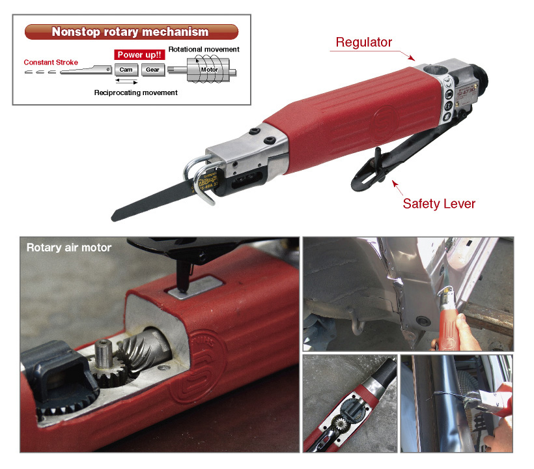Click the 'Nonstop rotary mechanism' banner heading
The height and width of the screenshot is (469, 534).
tap(130, 32)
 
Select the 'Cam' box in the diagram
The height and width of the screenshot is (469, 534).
tap(126, 70)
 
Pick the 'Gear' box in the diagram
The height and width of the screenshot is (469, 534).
tap(152, 70)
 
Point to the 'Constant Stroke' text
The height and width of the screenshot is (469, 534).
tap(51, 63)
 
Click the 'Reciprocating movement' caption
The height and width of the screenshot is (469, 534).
tap(135, 92)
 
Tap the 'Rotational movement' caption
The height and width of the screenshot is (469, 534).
tap(203, 50)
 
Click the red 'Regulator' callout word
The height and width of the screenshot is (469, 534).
tap(363, 42)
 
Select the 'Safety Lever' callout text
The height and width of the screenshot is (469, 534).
tap(439, 203)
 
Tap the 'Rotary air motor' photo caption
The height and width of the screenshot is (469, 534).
tap(68, 248)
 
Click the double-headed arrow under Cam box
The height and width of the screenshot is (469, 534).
tap(126, 82)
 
